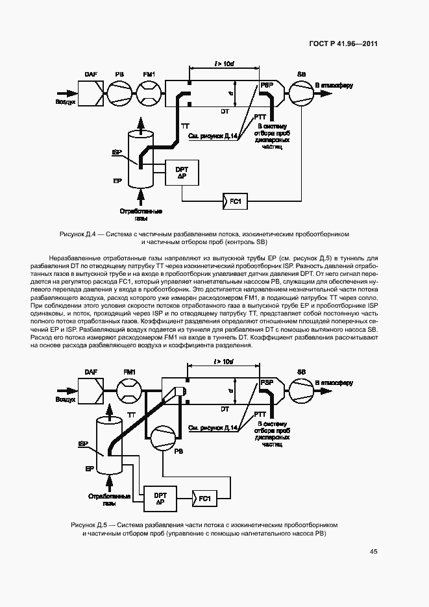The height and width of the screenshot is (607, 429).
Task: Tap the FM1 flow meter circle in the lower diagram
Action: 129,393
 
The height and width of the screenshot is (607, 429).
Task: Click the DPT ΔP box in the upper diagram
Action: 182,173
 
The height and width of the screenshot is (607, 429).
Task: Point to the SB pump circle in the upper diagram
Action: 300,95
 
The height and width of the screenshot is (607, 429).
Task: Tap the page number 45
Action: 374,552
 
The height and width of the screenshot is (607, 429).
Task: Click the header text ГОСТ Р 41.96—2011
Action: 342,43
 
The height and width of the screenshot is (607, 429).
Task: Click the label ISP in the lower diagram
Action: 83,444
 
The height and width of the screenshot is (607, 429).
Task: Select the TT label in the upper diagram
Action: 185,124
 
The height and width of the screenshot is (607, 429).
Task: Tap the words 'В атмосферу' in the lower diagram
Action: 334,383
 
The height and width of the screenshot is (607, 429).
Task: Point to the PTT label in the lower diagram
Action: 261,414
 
